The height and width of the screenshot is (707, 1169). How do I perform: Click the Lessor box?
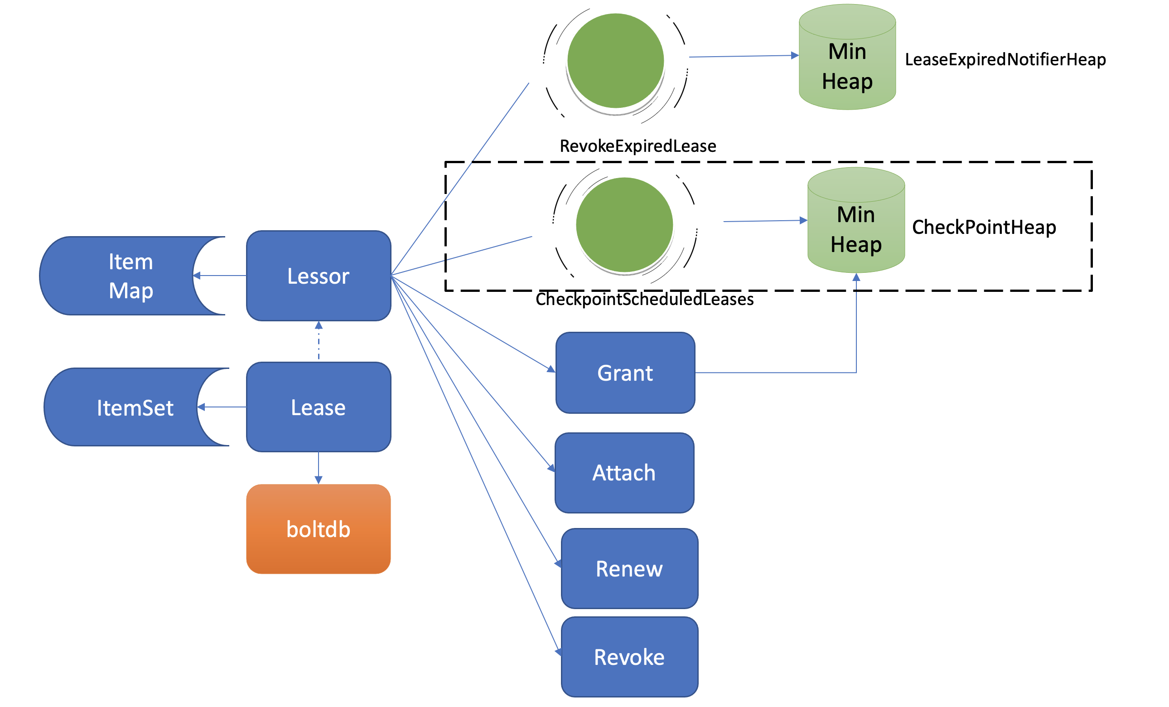click(319, 276)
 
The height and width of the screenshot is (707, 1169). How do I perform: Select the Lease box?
click(319, 407)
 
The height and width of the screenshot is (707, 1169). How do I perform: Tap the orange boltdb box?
click(319, 528)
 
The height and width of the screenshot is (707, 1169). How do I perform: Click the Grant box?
click(625, 373)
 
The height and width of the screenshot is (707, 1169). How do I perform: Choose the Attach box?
click(624, 473)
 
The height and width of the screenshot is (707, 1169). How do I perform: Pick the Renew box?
click(629, 568)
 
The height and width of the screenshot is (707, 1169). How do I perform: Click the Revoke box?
click(629, 657)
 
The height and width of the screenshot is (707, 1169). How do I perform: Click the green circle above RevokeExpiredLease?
click(615, 61)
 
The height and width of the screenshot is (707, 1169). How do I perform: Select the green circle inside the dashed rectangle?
click(624, 225)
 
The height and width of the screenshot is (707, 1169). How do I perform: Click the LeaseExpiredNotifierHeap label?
click(1005, 59)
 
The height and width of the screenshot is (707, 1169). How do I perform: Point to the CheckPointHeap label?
click(984, 227)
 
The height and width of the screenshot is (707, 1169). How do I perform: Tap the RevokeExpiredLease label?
click(638, 145)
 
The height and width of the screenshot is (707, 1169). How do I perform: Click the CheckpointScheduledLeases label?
click(644, 299)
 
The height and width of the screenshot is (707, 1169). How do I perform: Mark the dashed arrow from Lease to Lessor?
click(319, 342)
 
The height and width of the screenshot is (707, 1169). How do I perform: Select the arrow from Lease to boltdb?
click(319, 467)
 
